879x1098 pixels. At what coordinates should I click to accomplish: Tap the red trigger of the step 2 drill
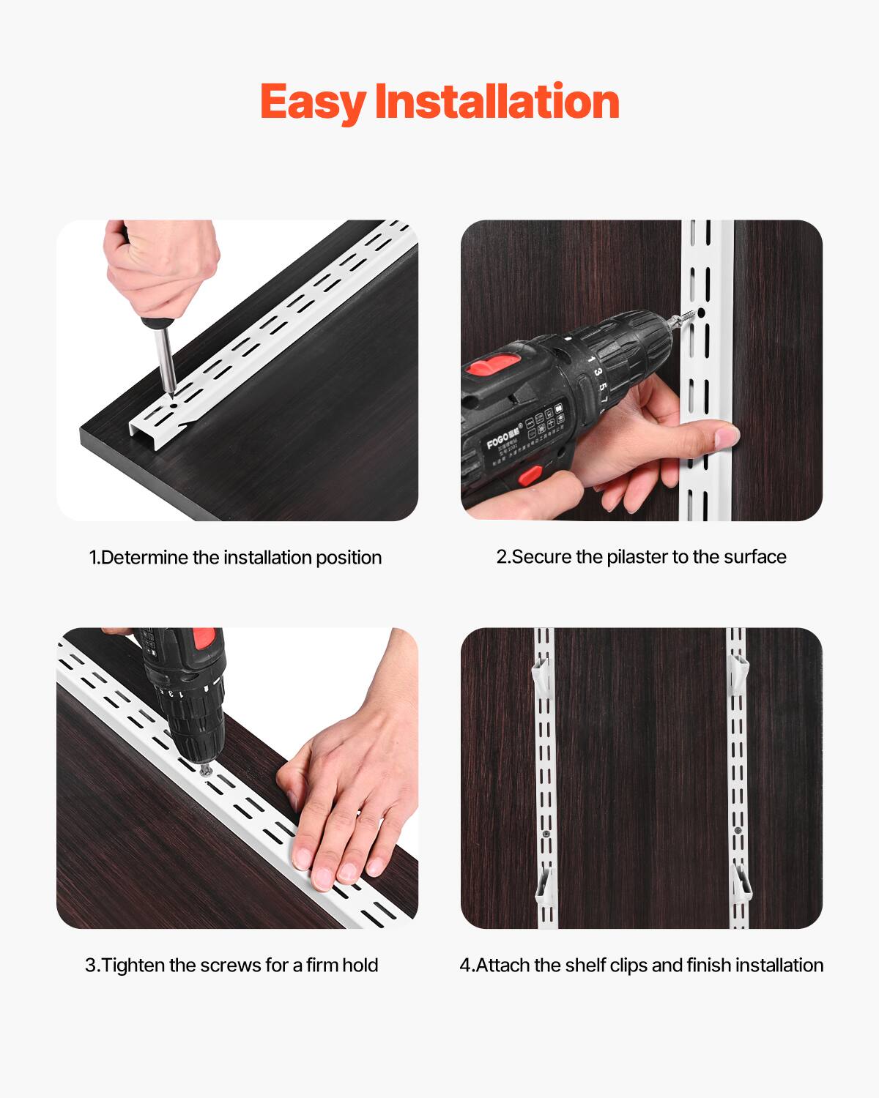coord(530,477)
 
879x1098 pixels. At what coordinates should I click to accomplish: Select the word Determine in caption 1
coord(144,558)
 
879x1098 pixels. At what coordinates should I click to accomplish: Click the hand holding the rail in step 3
coord(344,813)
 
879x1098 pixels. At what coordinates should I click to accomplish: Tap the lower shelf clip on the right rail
coord(742,882)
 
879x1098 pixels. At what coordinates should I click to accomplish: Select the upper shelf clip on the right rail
coord(739,670)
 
